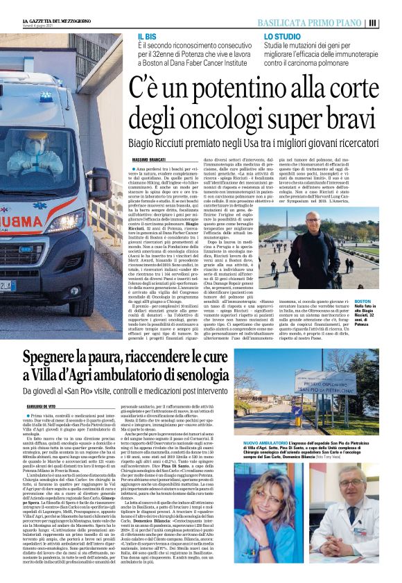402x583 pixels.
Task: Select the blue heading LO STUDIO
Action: (x=279, y=35)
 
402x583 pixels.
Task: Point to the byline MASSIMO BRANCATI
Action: (x=154, y=161)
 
